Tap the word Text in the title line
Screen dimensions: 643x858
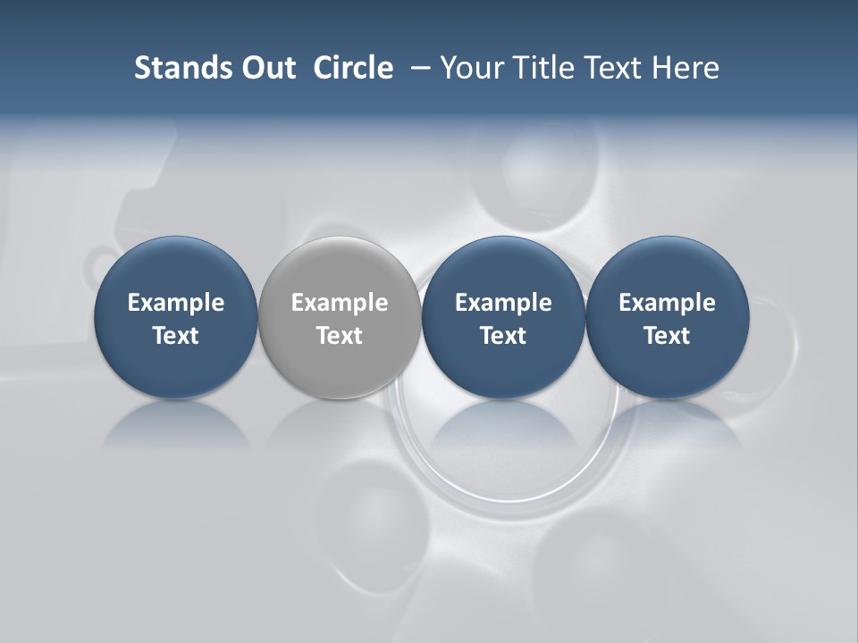[611, 68]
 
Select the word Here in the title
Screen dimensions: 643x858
[686, 68]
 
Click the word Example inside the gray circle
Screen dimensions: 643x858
[340, 303]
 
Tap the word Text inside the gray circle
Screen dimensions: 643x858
[340, 336]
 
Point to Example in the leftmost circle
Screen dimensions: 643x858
[176, 303]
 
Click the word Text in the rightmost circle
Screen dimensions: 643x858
[668, 336]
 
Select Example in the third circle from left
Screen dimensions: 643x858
[503, 303]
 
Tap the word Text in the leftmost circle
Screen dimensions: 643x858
[176, 336]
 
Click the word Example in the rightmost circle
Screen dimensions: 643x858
[668, 303]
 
